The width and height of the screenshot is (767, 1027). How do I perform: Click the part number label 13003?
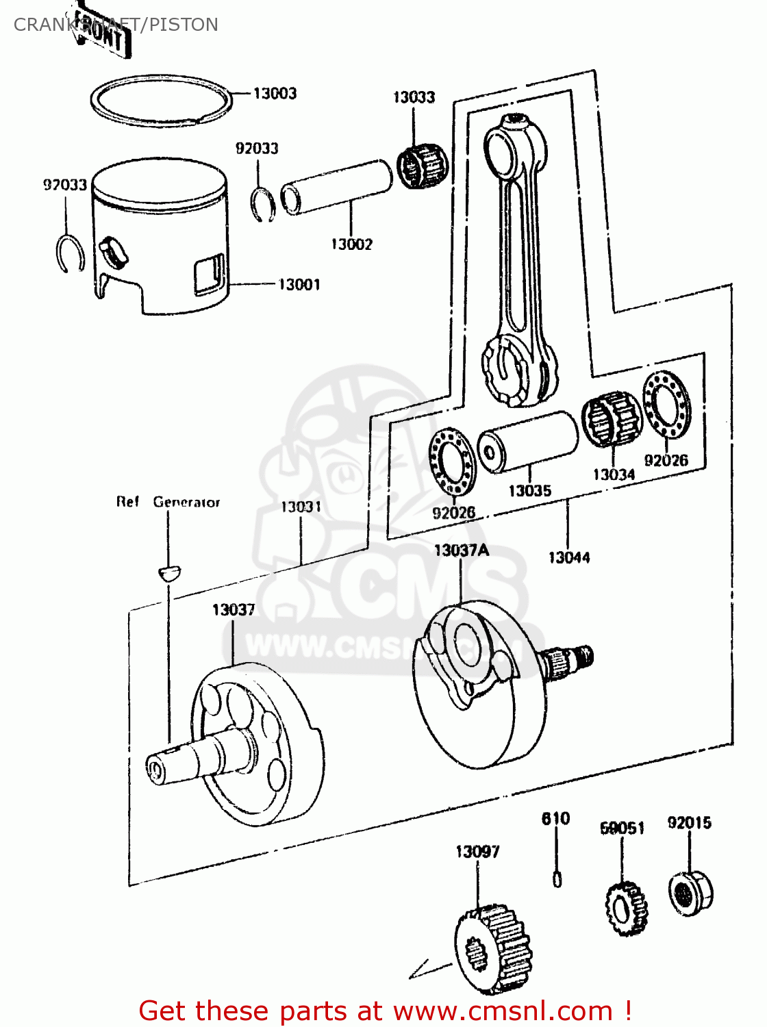pos(275,93)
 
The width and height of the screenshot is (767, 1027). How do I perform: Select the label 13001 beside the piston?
pos(299,284)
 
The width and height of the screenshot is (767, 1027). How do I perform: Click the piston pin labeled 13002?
pos(337,187)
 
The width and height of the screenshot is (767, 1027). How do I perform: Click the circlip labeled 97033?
pos(69,253)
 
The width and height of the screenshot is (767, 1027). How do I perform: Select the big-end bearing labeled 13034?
pos(612,419)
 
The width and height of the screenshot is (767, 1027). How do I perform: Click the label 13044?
pos(568,557)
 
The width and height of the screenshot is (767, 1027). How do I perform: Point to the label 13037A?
pos(462,550)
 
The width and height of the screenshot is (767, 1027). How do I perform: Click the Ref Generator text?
pos(168,502)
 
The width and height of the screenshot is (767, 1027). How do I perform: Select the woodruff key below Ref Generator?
pos(168,572)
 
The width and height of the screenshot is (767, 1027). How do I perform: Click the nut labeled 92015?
pos(690,892)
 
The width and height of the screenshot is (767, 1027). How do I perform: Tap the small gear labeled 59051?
pos(626,909)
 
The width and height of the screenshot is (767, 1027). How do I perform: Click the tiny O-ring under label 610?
pos(557,878)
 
